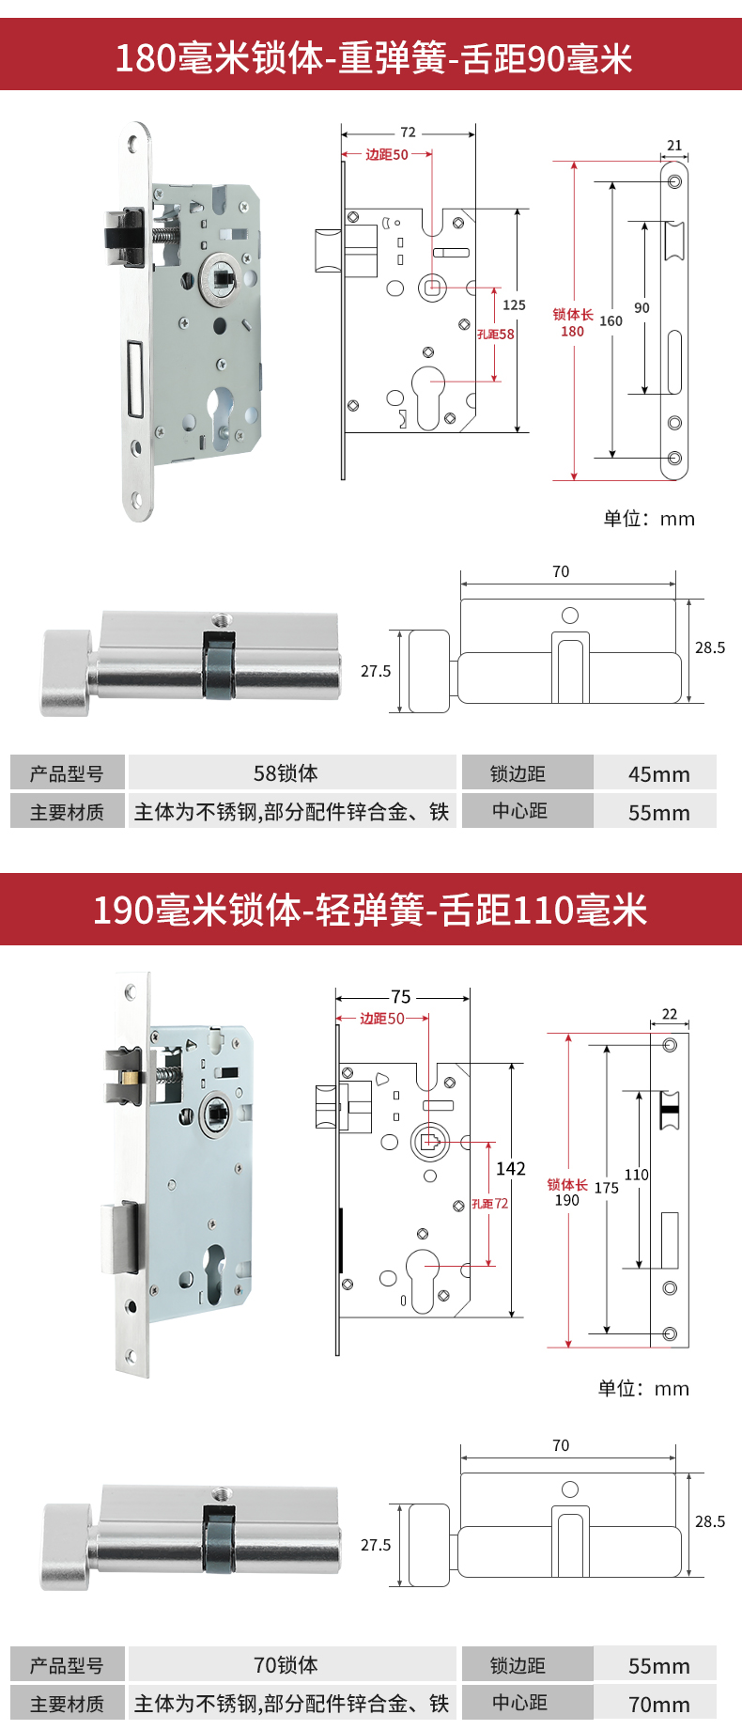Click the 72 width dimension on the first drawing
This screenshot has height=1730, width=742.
[x=408, y=132]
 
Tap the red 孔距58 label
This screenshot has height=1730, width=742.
[x=495, y=334]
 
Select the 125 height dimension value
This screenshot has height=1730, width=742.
[x=514, y=305]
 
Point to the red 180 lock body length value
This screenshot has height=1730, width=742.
[x=572, y=332]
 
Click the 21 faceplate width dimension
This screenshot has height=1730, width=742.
[x=674, y=146]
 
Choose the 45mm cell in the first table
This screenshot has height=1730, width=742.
[x=658, y=774]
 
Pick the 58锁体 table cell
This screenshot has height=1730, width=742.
[x=286, y=773]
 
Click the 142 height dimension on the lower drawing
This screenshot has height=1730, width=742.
[x=510, y=1169]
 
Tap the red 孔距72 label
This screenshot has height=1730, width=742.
[x=489, y=1204]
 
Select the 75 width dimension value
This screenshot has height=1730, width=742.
[x=401, y=997]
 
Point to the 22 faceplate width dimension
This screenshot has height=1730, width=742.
[x=670, y=1014]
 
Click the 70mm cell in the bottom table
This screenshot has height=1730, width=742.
[x=658, y=1705]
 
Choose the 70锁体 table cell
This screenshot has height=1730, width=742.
[x=286, y=1665]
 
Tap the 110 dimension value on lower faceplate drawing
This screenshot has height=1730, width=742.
[x=636, y=1175]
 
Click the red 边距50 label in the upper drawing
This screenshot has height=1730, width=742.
[x=386, y=155]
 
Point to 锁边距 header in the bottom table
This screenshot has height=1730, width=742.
[x=518, y=1665]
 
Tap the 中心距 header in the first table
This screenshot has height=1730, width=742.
[x=519, y=811]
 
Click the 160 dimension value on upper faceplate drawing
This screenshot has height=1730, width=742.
[x=611, y=321]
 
